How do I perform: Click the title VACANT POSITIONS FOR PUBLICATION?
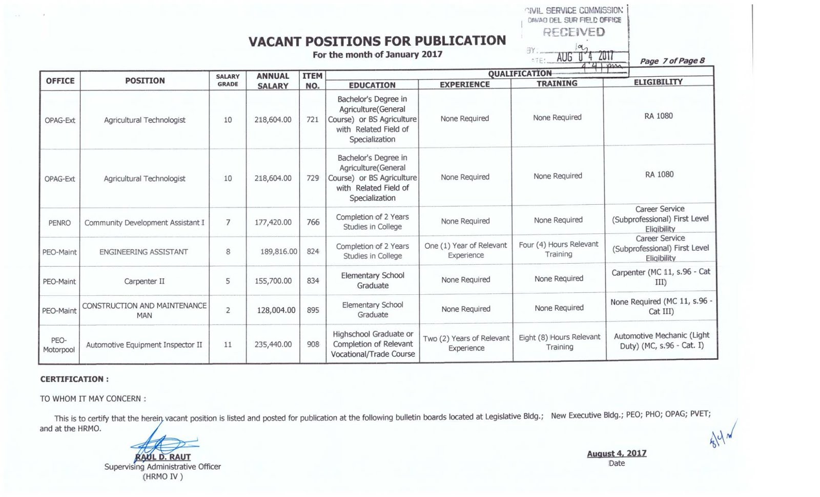[377, 41]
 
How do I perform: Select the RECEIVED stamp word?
[573, 32]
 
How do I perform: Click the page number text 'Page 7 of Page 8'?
[672, 61]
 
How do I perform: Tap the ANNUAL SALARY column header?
[273, 81]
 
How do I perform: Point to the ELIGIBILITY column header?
[658, 82]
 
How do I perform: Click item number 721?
[313, 120]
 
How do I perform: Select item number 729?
[313, 178]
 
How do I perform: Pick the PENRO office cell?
[59, 223]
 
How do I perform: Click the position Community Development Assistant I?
[145, 223]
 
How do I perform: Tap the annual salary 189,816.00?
[278, 252]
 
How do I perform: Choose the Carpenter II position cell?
[144, 281]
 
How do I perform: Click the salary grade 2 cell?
[228, 310]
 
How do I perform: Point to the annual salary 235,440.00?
[273, 344]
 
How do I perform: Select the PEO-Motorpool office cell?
[59, 345]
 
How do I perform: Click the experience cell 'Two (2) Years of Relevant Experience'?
[466, 343]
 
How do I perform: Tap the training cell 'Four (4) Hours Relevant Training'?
[558, 249]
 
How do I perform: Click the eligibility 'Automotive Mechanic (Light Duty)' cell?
[661, 340]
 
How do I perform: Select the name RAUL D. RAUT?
[162, 457]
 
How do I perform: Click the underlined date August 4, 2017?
[617, 453]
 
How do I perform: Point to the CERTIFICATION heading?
[74, 379]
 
